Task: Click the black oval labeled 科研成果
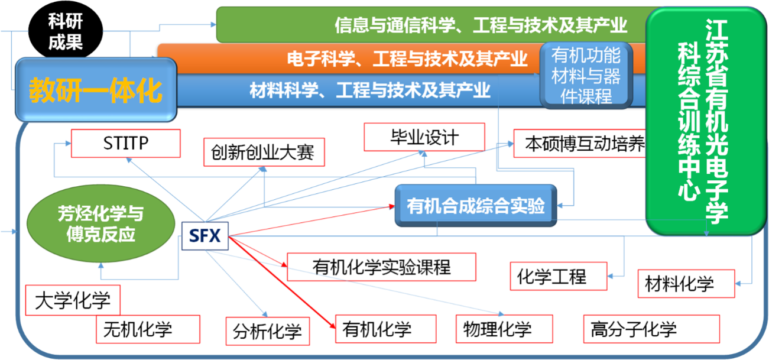[65, 32]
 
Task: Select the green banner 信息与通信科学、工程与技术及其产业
[431, 25]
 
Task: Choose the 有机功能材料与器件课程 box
[586, 76]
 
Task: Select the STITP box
[125, 144]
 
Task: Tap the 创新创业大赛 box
[263, 153]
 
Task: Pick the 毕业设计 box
[424, 137]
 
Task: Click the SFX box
[205, 236]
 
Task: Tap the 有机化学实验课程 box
[381, 267]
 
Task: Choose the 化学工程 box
[558, 276]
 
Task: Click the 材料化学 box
[686, 284]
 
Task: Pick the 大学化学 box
[73, 300]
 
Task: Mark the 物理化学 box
[504, 329]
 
